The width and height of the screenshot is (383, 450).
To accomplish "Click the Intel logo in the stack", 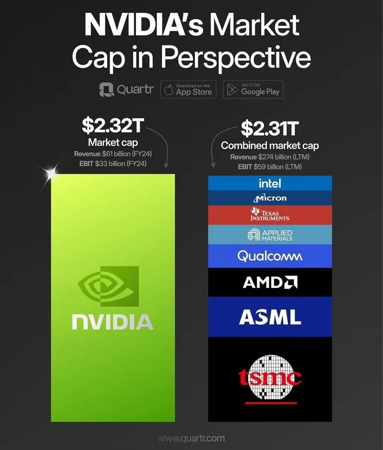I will tap(270, 183).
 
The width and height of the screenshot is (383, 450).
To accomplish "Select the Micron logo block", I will tap(270, 198).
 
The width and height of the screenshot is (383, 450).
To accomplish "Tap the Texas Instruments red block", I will tap(270, 215).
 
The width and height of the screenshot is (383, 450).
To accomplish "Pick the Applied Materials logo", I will tap(270, 235).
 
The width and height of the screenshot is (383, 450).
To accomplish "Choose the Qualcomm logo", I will tap(270, 256).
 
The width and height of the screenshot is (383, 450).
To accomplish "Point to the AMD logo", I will tap(270, 283).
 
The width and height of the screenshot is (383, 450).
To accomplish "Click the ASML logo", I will tap(270, 317).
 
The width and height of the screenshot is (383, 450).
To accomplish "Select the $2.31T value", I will tap(269, 129).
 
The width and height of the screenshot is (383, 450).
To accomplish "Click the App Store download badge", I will tap(188, 90).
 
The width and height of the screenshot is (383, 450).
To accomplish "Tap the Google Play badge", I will tap(253, 90).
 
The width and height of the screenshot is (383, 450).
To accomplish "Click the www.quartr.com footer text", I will tap(191, 439).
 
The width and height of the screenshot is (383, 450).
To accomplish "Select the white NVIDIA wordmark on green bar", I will tap(113, 322).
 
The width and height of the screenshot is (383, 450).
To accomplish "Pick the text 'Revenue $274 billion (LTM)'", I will tap(269, 157).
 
